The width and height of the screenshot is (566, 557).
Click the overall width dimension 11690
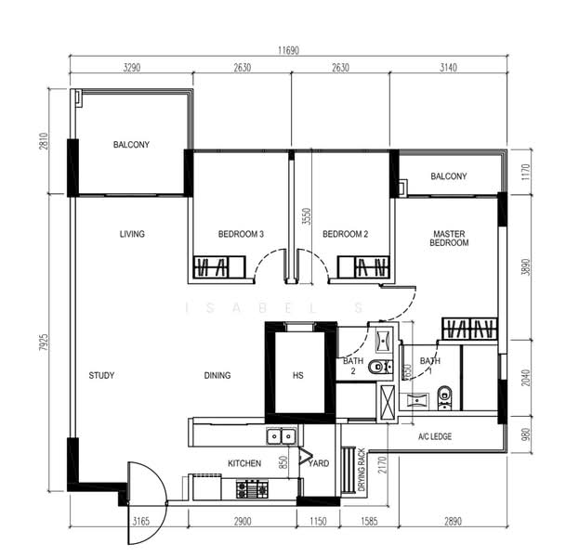288,50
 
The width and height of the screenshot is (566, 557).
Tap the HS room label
297,376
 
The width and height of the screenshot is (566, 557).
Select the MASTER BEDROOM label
449,239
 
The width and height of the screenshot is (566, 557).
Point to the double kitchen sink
282,436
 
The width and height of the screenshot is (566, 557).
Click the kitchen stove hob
252,489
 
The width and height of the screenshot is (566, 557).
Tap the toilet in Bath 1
444,398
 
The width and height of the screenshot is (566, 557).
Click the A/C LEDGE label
435,436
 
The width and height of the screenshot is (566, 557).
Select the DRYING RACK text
362,470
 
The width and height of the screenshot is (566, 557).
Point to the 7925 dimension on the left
44,343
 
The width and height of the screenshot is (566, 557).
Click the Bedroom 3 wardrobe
219,267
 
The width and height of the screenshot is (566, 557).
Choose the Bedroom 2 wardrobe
363,267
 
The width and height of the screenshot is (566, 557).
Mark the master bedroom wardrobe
469,329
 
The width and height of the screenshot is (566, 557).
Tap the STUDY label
101,376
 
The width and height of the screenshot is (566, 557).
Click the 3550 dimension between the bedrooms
307,216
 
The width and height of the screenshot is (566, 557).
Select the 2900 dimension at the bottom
243,522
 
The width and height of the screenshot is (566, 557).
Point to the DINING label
217,376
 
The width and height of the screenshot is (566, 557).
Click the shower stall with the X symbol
387,401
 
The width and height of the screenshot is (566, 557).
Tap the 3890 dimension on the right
527,267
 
